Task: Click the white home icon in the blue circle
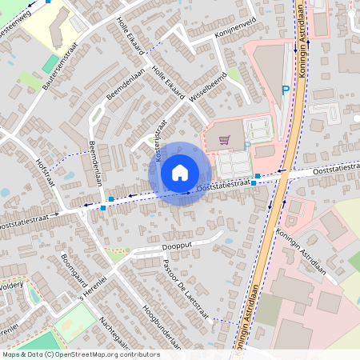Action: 180,173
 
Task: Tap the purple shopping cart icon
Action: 225,140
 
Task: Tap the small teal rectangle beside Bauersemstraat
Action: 50,63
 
